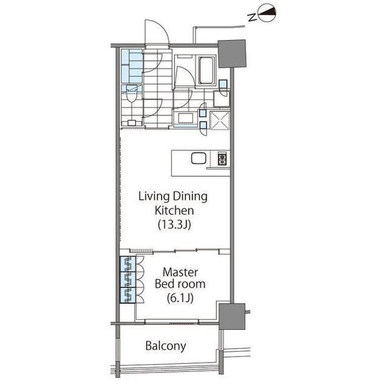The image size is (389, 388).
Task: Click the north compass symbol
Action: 267,13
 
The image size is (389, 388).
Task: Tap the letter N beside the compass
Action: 252,18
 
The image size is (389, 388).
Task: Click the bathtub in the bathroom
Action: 206,70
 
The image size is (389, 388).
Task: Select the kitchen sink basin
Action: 199,158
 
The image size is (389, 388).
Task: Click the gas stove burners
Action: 222,159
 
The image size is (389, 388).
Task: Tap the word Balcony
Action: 165,346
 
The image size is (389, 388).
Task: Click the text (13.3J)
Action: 174,225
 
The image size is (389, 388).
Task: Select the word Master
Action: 181,272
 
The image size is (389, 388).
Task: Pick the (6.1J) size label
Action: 180,298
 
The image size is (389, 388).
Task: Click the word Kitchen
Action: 174,211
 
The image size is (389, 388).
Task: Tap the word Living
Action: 154,197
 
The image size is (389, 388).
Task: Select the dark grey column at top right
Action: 232,53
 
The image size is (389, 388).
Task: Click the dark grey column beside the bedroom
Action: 232,316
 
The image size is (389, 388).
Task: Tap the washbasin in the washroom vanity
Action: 185,118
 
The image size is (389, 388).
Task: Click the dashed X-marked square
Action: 219,121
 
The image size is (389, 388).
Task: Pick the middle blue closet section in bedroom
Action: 128,279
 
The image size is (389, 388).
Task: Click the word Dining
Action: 190,197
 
